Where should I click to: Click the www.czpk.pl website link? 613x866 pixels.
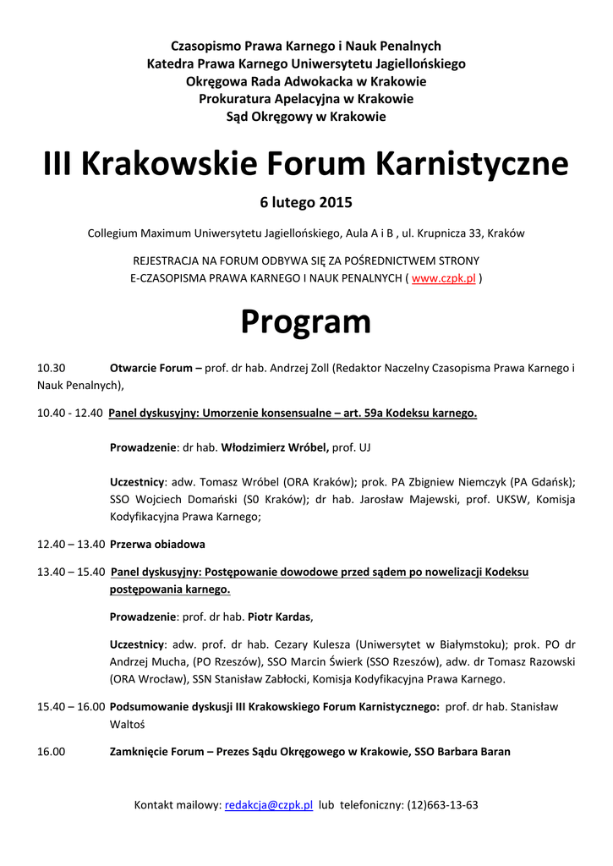click(443, 277)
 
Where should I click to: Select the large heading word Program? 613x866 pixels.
click(306, 321)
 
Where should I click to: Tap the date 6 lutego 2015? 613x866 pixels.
click(306, 203)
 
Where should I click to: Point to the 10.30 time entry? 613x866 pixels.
click(51, 369)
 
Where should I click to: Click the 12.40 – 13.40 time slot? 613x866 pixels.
click(71, 544)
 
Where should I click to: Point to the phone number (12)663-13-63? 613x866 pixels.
click(442, 805)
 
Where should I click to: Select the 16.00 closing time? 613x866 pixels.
click(51, 751)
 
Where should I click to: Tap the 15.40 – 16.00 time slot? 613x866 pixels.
click(71, 706)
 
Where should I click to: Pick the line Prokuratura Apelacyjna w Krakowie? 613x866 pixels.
click(306, 99)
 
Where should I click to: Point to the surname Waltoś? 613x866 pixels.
click(129, 724)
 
